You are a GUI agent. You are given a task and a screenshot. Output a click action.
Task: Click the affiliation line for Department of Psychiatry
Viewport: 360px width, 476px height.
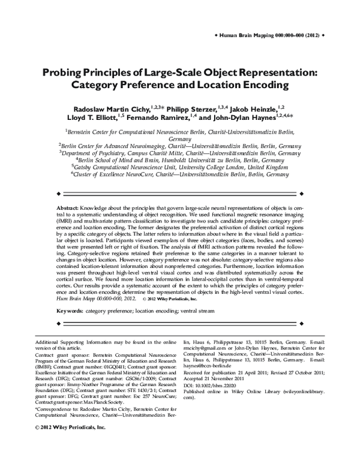[x=179, y=153]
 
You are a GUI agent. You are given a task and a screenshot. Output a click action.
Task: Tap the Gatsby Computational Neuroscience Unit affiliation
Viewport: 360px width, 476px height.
[x=179, y=168]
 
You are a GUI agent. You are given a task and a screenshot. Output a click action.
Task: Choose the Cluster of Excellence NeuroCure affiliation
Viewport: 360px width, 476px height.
[x=179, y=176]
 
